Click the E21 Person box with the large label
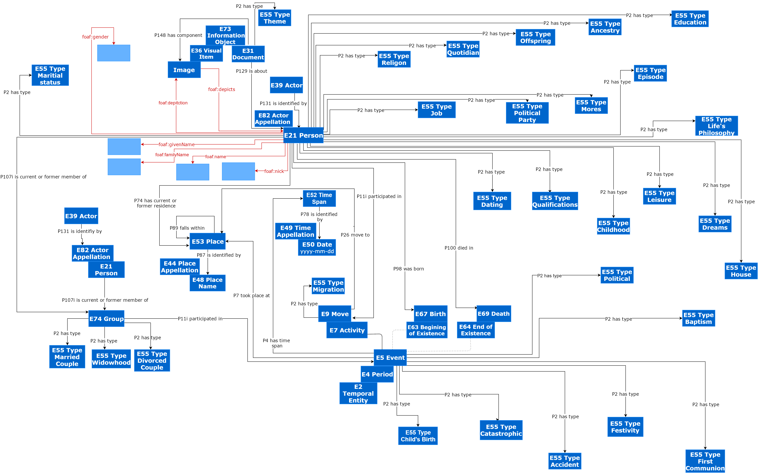(x=303, y=135)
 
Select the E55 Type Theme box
(x=275, y=18)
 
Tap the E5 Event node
(x=390, y=358)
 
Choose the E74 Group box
(x=106, y=319)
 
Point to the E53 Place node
(x=207, y=241)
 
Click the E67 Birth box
(x=430, y=314)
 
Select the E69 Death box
(x=494, y=313)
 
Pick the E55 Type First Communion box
(x=705, y=461)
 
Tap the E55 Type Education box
(x=690, y=19)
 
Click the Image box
(x=184, y=70)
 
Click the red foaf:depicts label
(x=222, y=89)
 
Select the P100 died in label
(x=459, y=248)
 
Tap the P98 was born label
(x=408, y=269)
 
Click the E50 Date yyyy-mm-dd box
(x=317, y=247)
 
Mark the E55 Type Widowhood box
(x=111, y=359)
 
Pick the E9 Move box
(x=335, y=314)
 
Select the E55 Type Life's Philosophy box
(x=716, y=126)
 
